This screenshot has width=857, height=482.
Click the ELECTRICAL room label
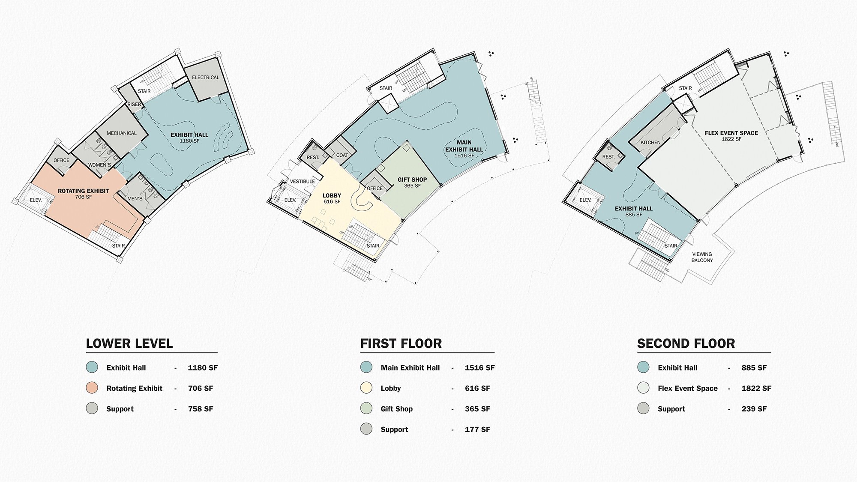tap(206, 78)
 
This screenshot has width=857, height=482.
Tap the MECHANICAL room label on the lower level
tap(122, 133)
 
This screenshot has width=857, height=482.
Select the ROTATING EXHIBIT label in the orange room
tap(83, 191)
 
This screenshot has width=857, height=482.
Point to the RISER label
tap(134, 105)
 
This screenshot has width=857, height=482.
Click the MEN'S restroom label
tap(135, 199)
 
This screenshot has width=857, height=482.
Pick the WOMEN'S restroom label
tap(99, 165)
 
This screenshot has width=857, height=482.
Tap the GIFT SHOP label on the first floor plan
tap(412, 180)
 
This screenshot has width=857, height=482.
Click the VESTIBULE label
tap(303, 182)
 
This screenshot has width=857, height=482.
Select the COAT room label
tap(342, 156)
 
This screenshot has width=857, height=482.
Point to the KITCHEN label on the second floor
tap(650, 143)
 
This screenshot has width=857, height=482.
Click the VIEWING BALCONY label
tap(702, 257)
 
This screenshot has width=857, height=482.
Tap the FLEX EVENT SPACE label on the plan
tap(731, 133)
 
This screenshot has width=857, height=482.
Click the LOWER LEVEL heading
tap(129, 344)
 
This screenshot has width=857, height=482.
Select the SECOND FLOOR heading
tap(686, 344)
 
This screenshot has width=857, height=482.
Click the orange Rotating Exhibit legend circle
tap(92, 388)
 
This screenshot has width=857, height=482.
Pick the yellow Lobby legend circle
tap(366, 388)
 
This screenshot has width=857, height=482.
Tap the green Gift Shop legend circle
tap(366, 408)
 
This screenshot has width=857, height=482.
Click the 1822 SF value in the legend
tap(756, 388)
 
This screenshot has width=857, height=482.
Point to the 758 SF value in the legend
tap(201, 409)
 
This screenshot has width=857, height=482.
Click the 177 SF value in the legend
tap(477, 429)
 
